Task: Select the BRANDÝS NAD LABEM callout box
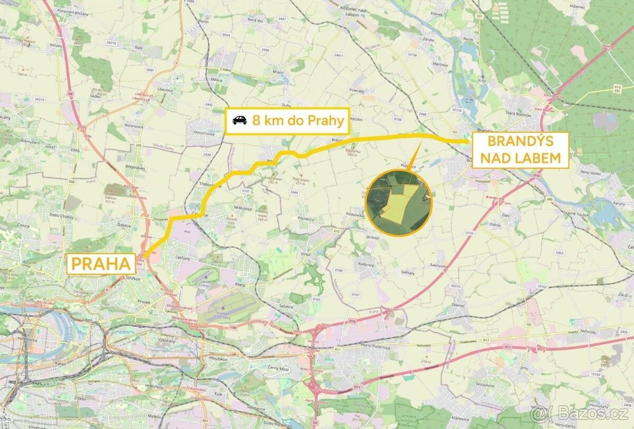pos(520,150)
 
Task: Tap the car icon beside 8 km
pos(239,120)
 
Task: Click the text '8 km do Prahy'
pos(298,120)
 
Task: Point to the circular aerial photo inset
pos(399,201)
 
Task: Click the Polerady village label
pos(357,90)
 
